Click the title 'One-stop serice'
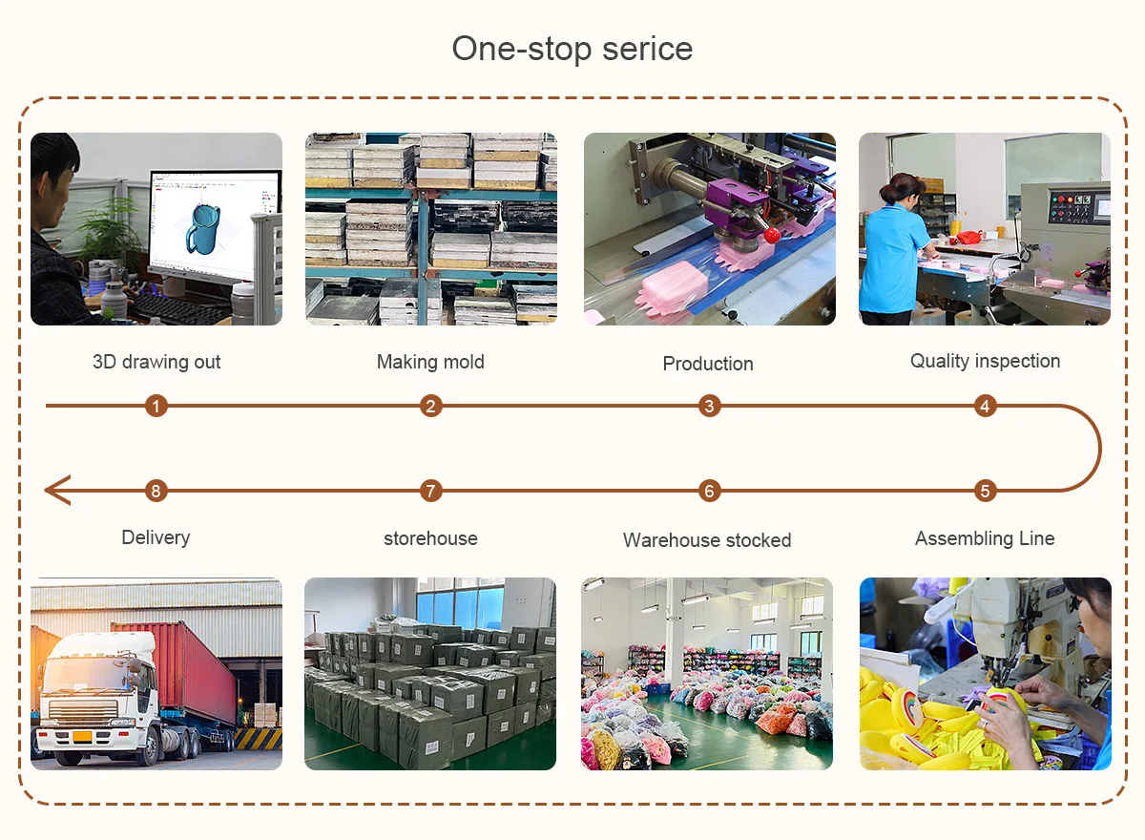coord(572,49)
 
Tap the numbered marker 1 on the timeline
coord(157,407)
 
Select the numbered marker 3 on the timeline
coord(708,407)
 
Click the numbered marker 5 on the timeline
coord(985,492)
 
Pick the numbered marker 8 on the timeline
coord(157,492)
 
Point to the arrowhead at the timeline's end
coord(55,492)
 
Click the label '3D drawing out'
coord(156,362)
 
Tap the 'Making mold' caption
coord(430,362)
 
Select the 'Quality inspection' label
coord(985,361)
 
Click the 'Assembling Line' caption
coord(985,538)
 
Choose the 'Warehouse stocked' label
coord(707,540)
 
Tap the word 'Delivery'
coord(156,537)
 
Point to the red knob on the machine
coord(771,234)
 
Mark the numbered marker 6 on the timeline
coord(708,492)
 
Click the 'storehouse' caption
coord(430,538)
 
